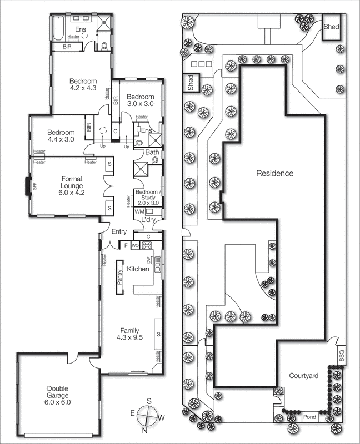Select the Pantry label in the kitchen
point(119,276)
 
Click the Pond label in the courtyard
point(309,416)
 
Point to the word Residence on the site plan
point(274,173)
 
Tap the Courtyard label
point(303,376)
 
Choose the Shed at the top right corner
point(332,27)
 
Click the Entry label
point(119,232)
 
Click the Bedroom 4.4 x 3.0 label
point(61,137)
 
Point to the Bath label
point(151,153)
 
